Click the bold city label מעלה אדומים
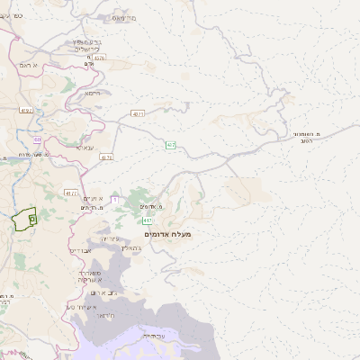167,233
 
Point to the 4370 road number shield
99,58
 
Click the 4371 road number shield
137,114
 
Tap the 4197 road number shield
25,110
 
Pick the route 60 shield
38,139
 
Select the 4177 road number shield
71,193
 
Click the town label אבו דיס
82,251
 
